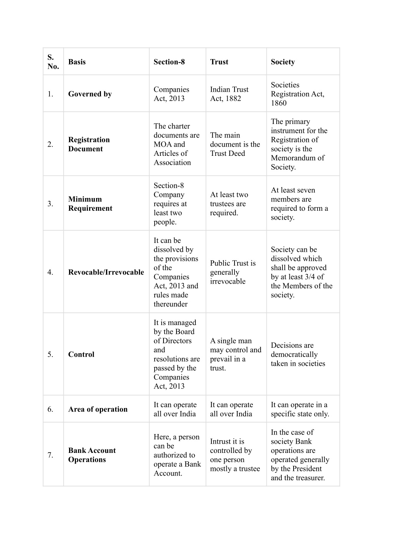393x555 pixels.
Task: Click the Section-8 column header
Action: (x=169, y=62)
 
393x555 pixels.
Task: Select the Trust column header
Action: (x=219, y=62)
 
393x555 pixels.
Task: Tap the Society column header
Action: (x=283, y=62)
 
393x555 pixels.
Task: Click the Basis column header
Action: (x=77, y=62)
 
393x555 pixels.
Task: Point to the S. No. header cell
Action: (x=53, y=62)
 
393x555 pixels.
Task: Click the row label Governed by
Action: (x=90, y=94)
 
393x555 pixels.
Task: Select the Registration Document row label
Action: (x=89, y=144)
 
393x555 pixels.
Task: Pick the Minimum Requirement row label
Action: (x=90, y=204)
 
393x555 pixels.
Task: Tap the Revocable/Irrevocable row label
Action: (x=106, y=272)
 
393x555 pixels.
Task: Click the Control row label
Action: (x=81, y=354)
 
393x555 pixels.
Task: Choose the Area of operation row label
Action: (x=97, y=409)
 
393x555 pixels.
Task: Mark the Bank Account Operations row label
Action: (x=92, y=455)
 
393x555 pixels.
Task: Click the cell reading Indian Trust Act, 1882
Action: (x=229, y=94)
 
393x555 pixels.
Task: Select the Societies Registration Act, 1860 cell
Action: (x=297, y=94)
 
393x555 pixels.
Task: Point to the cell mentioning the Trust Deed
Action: (x=235, y=144)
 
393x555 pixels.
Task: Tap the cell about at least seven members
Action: (x=299, y=204)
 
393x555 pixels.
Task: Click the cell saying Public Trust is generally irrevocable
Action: (x=233, y=272)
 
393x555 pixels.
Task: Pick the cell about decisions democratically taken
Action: (x=298, y=354)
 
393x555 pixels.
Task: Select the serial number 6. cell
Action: (x=50, y=409)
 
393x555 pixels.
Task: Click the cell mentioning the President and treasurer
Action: (x=300, y=455)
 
